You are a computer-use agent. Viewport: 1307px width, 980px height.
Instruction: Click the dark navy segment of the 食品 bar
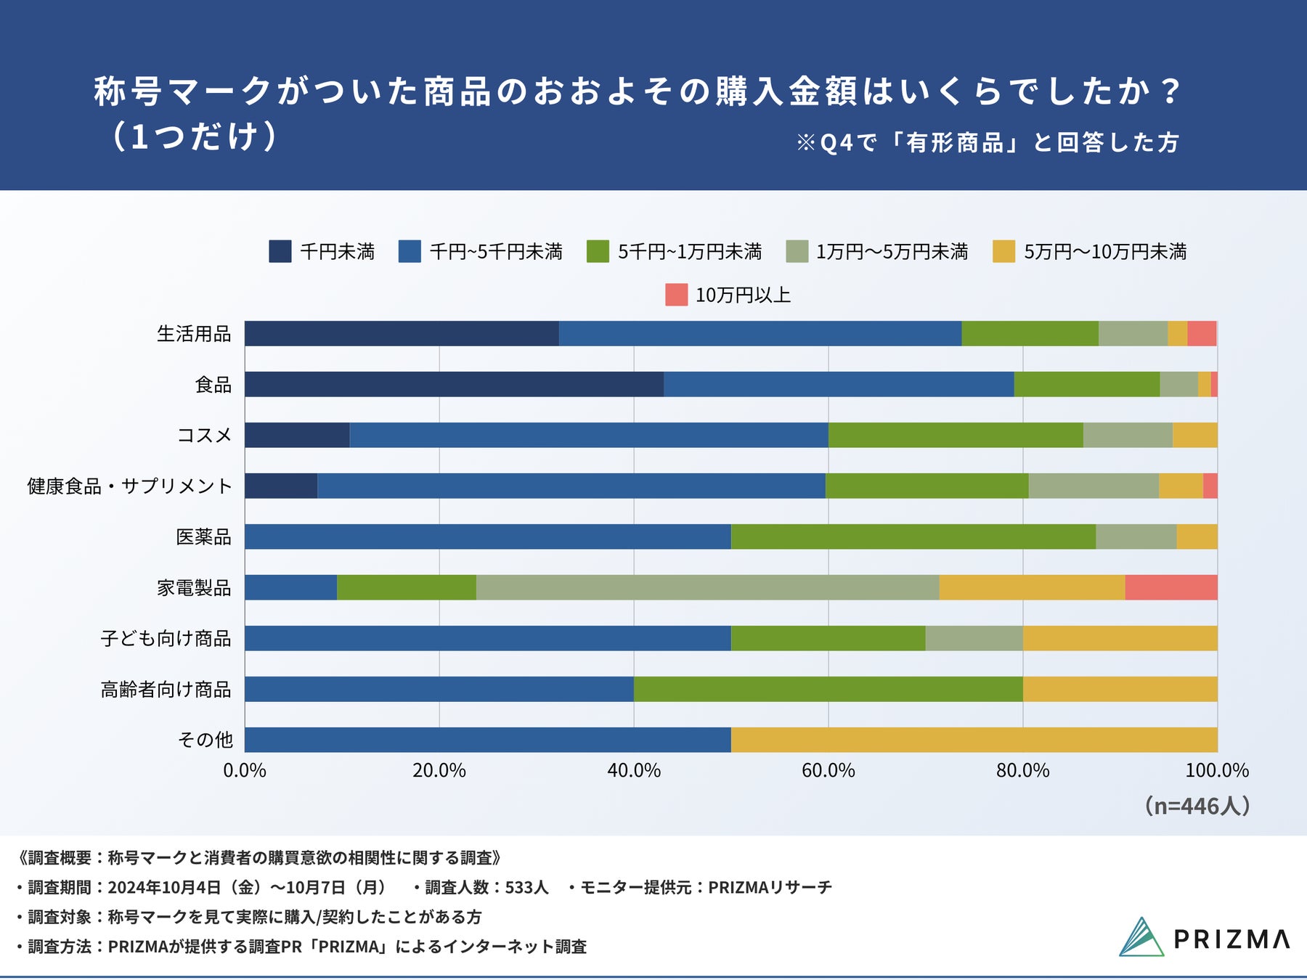(454, 384)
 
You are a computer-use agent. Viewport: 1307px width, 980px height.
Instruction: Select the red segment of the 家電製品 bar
(1170, 587)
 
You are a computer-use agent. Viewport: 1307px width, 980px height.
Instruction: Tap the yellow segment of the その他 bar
(974, 740)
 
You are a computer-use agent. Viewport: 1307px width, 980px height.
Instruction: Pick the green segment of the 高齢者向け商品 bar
(828, 689)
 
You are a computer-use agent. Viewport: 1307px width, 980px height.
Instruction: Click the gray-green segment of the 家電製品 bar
(707, 587)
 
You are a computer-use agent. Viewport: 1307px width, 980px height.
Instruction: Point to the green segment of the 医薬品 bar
(913, 536)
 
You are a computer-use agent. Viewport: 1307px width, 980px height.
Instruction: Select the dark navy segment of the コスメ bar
(297, 435)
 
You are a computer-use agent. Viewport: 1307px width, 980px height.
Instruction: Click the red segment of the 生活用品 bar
(1202, 333)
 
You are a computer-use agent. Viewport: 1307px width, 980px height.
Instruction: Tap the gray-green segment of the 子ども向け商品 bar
(974, 638)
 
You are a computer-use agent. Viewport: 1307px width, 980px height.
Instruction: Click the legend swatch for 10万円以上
(676, 295)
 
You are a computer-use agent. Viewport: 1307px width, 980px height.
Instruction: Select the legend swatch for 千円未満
(280, 251)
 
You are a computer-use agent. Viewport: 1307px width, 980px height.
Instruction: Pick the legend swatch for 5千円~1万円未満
(598, 251)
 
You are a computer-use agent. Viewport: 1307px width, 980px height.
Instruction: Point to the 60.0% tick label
(828, 770)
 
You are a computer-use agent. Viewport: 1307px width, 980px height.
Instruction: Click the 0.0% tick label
(245, 770)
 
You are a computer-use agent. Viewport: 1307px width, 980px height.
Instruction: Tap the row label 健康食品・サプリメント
(129, 486)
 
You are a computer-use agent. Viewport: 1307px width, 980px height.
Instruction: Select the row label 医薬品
(203, 536)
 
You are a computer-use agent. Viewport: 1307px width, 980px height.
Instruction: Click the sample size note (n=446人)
(1197, 806)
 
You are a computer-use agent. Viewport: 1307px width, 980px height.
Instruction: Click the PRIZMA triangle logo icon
(1141, 937)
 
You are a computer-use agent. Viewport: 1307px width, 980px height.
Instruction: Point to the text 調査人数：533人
(486, 887)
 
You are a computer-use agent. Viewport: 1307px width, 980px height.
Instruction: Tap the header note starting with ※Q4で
(988, 142)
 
